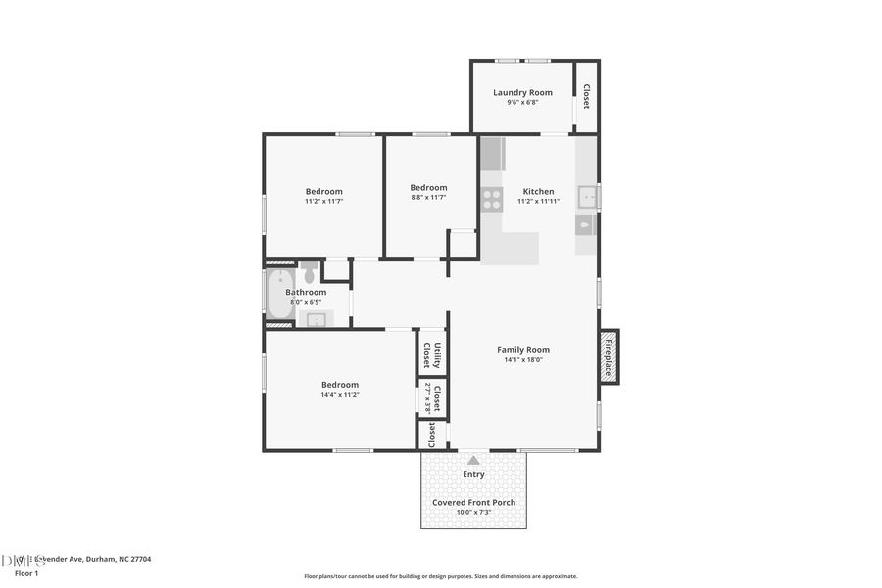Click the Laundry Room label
click(x=522, y=93)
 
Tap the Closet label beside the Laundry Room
click(x=586, y=96)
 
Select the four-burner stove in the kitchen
click(x=491, y=200)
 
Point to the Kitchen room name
click(x=538, y=192)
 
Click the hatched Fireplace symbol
click(x=609, y=357)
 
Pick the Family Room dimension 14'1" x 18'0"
click(x=523, y=360)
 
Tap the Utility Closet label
click(x=432, y=353)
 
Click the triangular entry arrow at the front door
click(x=473, y=460)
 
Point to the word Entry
click(x=473, y=475)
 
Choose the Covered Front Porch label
click(x=473, y=503)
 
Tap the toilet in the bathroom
click(x=310, y=271)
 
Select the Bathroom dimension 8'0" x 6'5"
click(x=304, y=302)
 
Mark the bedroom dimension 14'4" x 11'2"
click(x=339, y=395)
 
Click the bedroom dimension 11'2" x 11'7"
click(x=323, y=201)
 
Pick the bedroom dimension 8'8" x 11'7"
click(x=428, y=197)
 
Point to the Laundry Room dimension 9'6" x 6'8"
click(x=522, y=102)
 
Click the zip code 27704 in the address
click(x=139, y=559)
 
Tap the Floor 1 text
click(x=26, y=573)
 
